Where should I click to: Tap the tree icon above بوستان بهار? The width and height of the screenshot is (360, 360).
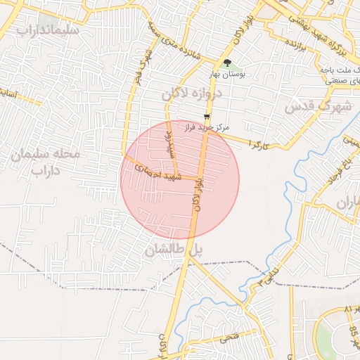coord(226,63)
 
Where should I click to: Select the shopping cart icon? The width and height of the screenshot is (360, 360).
coord(206,117)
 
